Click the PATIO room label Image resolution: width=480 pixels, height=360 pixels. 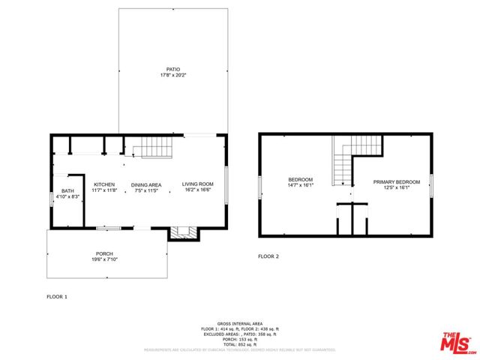(173, 69)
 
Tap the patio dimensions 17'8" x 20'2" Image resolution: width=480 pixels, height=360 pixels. (173, 76)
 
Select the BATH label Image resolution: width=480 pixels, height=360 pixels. (67, 191)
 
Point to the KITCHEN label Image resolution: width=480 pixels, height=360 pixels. (104, 184)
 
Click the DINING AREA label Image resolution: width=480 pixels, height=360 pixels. (146, 184)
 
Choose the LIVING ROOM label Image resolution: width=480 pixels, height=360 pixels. (198, 184)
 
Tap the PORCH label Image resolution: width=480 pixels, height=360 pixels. (104, 253)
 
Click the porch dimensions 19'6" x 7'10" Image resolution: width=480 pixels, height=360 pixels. (104, 259)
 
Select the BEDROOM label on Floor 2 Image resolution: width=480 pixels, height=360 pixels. (301, 180)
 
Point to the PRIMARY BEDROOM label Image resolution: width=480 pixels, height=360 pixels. (397, 181)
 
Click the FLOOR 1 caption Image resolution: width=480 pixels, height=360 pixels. (57, 297)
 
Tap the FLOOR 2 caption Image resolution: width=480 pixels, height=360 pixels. (268, 256)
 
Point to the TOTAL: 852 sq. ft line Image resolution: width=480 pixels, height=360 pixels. (240, 343)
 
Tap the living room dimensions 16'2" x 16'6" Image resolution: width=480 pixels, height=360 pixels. (198, 190)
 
